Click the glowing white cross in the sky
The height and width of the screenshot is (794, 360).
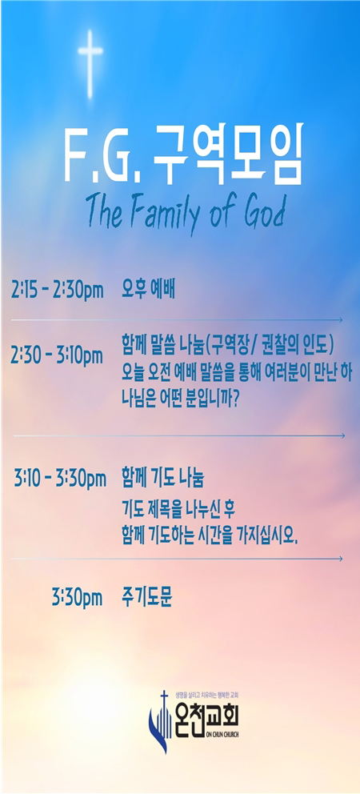pyautogui.click(x=90, y=64)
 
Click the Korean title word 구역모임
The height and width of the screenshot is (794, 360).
pyautogui.click(x=228, y=152)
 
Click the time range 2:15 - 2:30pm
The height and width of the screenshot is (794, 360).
pyautogui.click(x=58, y=291)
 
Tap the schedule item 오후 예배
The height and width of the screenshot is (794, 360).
pyautogui.click(x=148, y=291)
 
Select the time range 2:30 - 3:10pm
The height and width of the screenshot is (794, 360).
pyautogui.click(x=57, y=356)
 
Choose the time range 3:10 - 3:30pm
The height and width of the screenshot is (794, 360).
pyautogui.click(x=60, y=478)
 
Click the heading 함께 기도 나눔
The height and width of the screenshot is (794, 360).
pyautogui.click(x=162, y=477)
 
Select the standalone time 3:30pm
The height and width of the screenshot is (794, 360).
pyautogui.click(x=77, y=598)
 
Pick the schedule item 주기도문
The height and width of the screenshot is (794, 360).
pyautogui.click(x=147, y=596)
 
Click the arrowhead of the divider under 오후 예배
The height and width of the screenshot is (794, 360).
pyautogui.click(x=340, y=320)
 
